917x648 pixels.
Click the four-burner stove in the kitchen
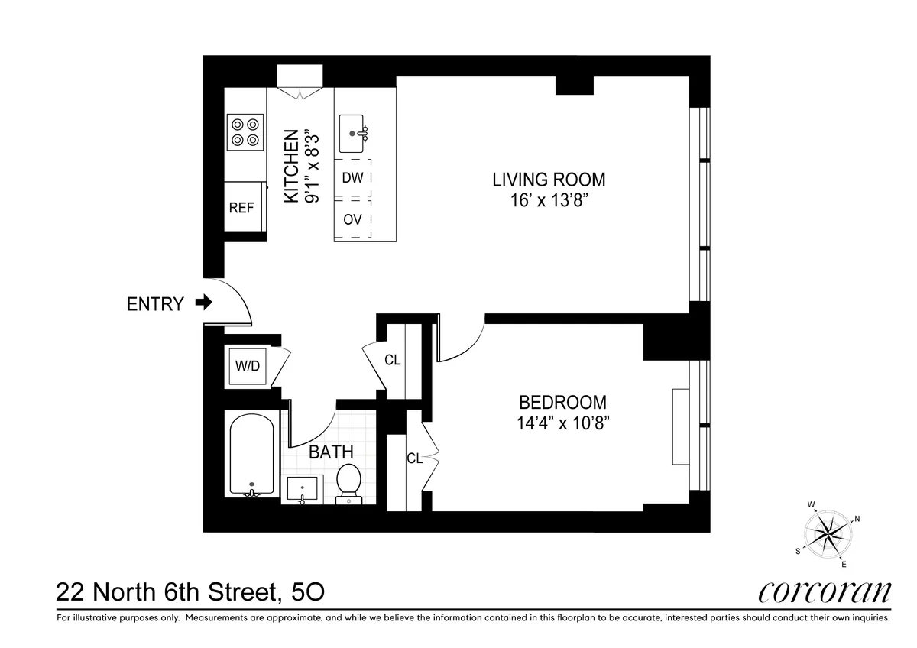(x=245, y=131)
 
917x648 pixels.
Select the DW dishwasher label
(x=352, y=178)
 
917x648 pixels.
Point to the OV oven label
(x=352, y=219)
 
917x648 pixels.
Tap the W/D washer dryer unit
(x=247, y=366)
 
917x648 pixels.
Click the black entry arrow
(x=203, y=303)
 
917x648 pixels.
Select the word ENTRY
(x=155, y=304)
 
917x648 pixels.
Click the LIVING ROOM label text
(x=549, y=180)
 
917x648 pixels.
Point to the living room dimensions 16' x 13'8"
(x=549, y=202)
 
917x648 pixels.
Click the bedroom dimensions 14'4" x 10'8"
(x=563, y=423)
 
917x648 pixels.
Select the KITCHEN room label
(x=291, y=167)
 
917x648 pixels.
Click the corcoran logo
(x=825, y=592)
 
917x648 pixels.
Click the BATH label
(x=330, y=452)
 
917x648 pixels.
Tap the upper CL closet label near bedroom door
(x=392, y=360)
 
